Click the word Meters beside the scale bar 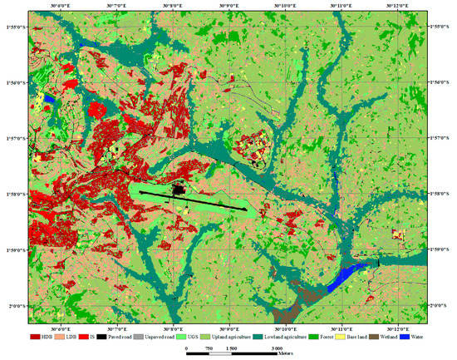tap(290, 353)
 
